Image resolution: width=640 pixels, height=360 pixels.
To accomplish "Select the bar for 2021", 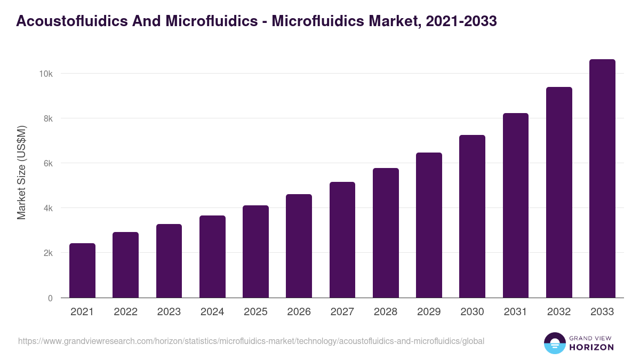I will click(82, 270).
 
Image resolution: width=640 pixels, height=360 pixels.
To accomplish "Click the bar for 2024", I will click(212, 257).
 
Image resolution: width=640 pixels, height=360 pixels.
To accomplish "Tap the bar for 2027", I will click(342, 240).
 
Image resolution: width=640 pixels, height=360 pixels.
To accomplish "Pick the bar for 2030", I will click(473, 217).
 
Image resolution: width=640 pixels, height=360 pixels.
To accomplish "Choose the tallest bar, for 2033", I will click(602, 179).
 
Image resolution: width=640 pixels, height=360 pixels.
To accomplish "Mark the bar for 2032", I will click(559, 193).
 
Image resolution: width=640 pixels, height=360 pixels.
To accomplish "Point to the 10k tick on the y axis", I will click(46, 74).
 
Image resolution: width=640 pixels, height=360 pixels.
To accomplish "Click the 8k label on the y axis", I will click(47, 118).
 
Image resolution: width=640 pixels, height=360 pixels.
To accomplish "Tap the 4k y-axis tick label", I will click(47, 208).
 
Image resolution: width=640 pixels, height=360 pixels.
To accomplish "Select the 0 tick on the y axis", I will click(50, 298).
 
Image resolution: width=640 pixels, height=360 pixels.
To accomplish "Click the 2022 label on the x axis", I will click(125, 312).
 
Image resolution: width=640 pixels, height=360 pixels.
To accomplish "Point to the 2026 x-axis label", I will click(299, 312).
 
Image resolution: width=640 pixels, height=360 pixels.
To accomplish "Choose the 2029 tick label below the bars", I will click(429, 312).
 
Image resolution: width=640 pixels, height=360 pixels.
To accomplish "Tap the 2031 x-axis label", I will click(516, 312).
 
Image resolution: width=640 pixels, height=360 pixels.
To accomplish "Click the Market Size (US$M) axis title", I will click(21, 173).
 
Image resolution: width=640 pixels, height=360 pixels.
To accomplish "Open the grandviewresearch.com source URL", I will click(251, 341).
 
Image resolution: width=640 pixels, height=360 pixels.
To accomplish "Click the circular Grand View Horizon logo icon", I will click(554, 343).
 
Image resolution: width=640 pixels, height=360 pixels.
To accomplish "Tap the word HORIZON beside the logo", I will click(591, 347).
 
